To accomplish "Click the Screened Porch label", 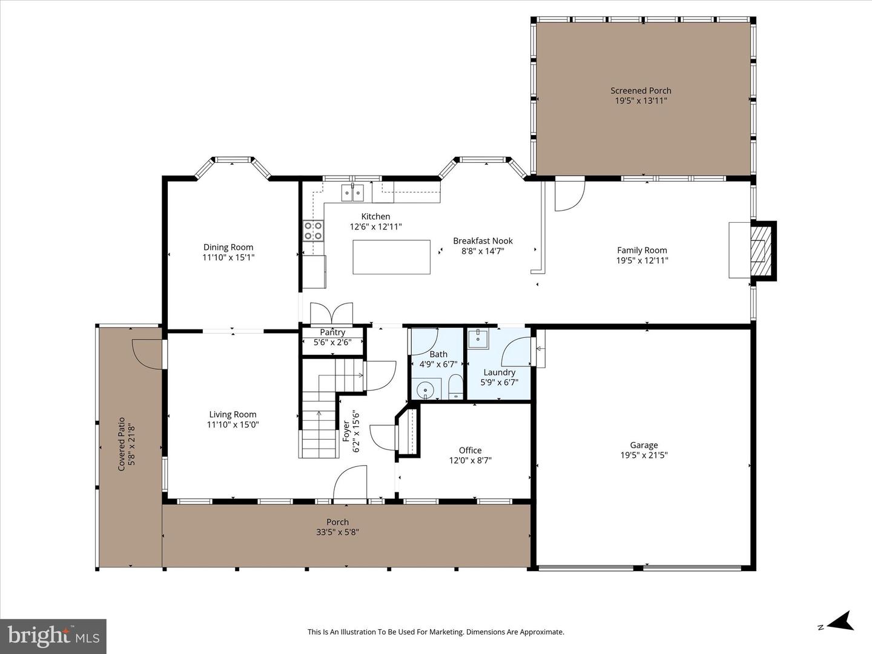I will point(641,91).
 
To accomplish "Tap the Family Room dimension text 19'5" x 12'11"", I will point(642,260).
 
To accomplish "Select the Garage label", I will point(643,445).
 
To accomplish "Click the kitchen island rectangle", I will point(391,257).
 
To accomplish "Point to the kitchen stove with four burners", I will point(313,230).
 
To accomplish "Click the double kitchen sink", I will point(352,193).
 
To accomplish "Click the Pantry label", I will point(332,332).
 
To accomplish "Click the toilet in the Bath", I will point(455,387).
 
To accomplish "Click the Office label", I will point(470,451).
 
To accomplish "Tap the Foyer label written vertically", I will point(346,431).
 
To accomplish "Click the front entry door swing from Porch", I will point(351,483).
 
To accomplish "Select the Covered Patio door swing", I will point(146,354).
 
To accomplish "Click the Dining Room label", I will point(228,247).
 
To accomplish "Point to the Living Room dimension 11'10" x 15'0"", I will point(233,424).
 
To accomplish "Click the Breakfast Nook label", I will point(483,241).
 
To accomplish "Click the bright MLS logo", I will point(53,636).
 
